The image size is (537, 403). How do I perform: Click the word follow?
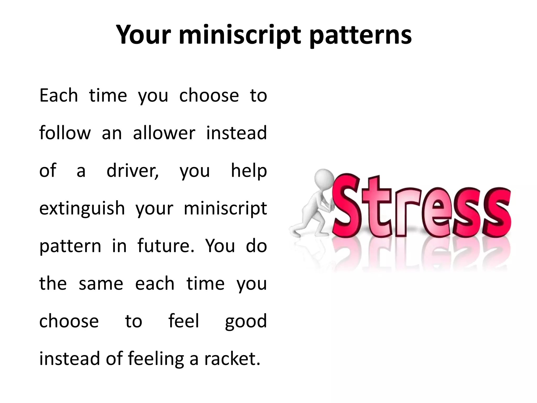[65, 133]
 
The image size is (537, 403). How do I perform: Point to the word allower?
[164, 133]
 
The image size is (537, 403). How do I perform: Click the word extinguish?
[82, 209]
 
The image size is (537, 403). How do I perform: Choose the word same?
[101, 284]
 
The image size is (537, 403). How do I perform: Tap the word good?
[246, 322]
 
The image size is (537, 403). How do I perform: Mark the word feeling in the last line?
[156, 359]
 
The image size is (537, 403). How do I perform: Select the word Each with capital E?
[59, 95]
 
